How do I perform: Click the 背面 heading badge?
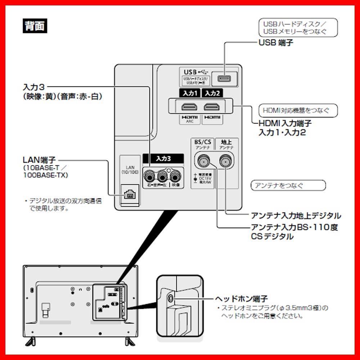[x=35, y=26]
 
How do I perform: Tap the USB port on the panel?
[x=224, y=77]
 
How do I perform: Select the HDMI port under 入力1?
[x=189, y=107]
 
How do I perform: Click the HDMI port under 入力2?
[x=212, y=107]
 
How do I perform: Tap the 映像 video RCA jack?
[x=175, y=176]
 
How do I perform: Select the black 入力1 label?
[x=189, y=93]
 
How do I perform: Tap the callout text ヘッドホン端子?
[x=242, y=299]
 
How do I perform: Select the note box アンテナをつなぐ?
[x=288, y=186]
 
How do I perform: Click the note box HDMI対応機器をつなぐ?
[x=298, y=110]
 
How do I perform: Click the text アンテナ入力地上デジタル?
[x=296, y=216]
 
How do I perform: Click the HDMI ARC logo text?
[x=189, y=119]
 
